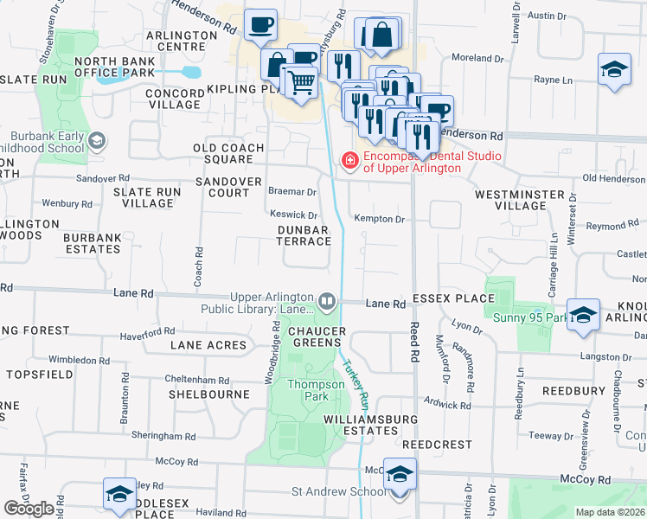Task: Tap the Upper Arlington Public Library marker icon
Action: (328, 302)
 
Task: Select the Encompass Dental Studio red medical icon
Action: (349, 161)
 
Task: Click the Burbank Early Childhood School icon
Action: (98, 140)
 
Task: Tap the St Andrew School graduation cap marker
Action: (399, 475)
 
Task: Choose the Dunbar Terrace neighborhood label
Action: (303, 235)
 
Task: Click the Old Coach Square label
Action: (228, 153)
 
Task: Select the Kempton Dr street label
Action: (379, 220)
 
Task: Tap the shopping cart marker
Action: (301, 82)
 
